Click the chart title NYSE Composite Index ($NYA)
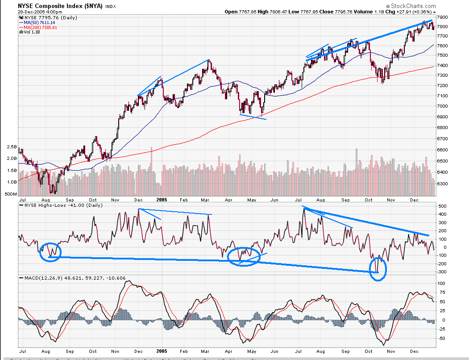coord(60,6)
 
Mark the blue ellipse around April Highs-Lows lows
coord(243,256)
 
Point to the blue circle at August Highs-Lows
coord(50,252)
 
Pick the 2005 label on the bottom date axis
coord(162,351)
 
